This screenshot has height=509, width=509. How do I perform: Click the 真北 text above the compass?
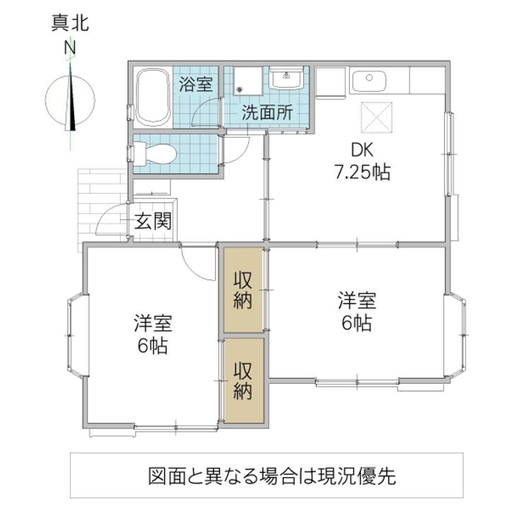tap(69, 24)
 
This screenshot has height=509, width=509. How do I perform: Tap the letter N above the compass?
tap(70, 48)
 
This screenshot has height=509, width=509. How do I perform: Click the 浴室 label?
tap(196, 85)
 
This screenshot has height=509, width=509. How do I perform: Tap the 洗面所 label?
tap(264, 112)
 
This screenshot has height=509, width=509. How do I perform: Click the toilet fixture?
tap(153, 153)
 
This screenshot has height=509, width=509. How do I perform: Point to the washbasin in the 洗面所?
tap(287, 79)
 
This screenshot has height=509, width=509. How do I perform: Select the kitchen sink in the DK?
tap(368, 83)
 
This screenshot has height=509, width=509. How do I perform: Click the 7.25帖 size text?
tap(361, 172)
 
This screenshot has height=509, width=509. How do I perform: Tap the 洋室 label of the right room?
tap(356, 300)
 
